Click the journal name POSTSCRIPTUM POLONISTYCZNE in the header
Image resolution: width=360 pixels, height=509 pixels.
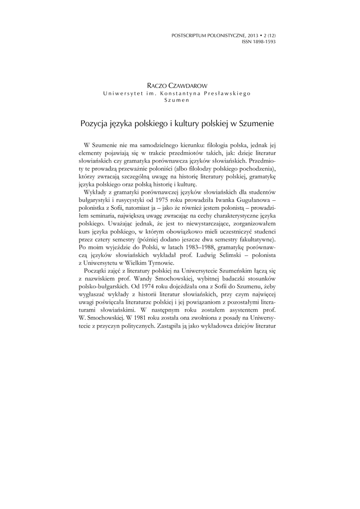[207, 36]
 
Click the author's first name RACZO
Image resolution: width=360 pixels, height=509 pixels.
[159, 86]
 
